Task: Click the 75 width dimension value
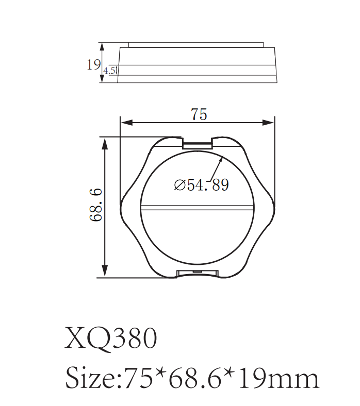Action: [x=199, y=114]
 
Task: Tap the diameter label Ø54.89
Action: [x=201, y=185]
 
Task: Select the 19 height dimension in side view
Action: [x=93, y=65]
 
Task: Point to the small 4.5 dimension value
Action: [x=110, y=71]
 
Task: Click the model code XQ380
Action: [x=111, y=340]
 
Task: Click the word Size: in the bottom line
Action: [x=93, y=379]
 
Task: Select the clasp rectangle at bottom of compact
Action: [x=198, y=273]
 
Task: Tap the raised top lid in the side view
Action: [x=197, y=45]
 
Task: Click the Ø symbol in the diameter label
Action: [x=179, y=185]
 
